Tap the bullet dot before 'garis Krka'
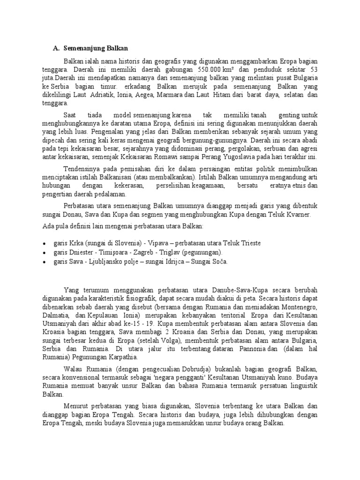pos(44,244)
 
